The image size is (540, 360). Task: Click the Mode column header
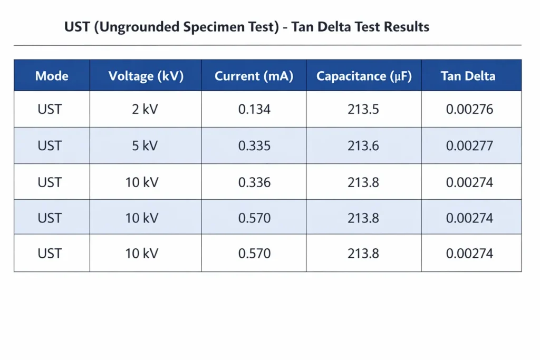click(x=52, y=76)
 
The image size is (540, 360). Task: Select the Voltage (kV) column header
click(x=146, y=76)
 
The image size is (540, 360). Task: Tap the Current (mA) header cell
click(x=254, y=76)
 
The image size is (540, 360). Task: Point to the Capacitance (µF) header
click(x=363, y=76)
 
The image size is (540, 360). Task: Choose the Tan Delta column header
click(x=468, y=76)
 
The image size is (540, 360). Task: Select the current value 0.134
click(x=254, y=110)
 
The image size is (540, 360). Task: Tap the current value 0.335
click(x=254, y=146)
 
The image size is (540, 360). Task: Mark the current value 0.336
click(x=254, y=182)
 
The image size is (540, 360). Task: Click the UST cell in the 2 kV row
click(x=50, y=110)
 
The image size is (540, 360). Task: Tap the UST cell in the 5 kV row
click(x=50, y=146)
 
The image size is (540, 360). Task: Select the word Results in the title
click(x=407, y=27)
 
